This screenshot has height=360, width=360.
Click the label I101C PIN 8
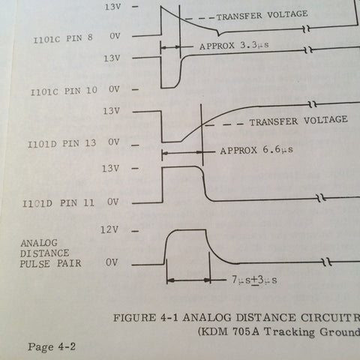point(63,39)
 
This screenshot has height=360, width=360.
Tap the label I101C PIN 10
point(64,91)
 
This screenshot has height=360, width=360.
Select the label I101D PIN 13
point(62,143)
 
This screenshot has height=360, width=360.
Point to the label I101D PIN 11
point(58,203)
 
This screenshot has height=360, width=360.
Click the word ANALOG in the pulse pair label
point(39,243)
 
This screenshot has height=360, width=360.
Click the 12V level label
point(109,229)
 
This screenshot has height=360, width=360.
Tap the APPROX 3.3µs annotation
point(234,45)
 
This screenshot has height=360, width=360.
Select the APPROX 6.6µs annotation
point(256,150)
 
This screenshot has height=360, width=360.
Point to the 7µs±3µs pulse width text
point(254,280)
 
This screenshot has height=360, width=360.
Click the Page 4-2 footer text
point(52,346)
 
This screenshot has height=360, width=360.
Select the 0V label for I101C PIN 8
point(115,36)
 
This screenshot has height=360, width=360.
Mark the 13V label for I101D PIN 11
point(110,169)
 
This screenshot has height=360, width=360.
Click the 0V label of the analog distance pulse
point(112,262)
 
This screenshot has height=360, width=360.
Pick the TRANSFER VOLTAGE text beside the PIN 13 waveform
point(298,121)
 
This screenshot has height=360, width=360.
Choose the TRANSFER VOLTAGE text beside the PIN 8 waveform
point(262,15)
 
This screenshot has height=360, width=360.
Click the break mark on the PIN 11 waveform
point(322,198)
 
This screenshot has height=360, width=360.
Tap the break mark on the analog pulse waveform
point(327,262)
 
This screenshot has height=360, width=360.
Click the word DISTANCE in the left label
point(44,253)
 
